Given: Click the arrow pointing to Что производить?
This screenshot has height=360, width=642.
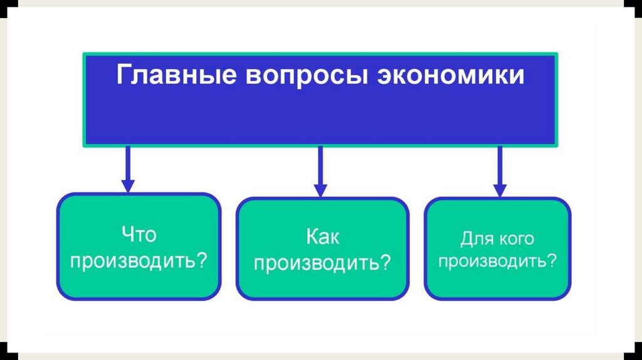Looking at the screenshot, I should (128, 168).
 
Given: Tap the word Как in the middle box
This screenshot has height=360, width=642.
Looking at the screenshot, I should (323, 237).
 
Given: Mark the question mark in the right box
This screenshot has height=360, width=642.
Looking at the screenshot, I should (551, 261).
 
